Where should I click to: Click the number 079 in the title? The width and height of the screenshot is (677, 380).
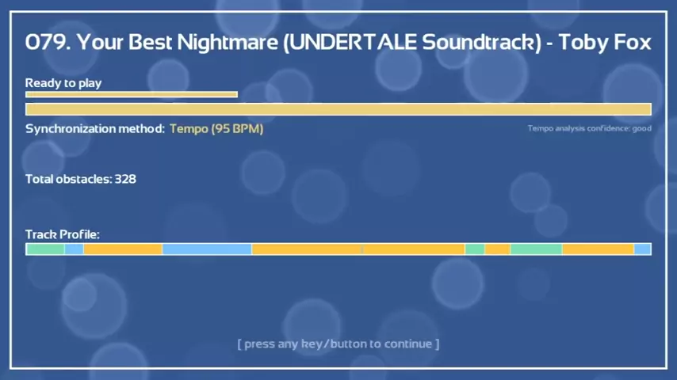coord(48,42)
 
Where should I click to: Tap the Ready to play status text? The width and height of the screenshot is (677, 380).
coord(63,83)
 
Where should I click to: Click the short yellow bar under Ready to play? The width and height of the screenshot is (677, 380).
coord(132,94)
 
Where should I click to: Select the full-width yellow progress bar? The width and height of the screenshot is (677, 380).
coord(338,109)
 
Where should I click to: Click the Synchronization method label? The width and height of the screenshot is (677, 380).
coord(95,129)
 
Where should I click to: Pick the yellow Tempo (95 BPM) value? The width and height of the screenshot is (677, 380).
coord(216,129)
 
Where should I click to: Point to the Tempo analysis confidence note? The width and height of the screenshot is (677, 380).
coord(589,128)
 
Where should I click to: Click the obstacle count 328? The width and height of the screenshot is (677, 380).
coord(125,179)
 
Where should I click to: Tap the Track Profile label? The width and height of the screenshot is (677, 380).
coord(63,234)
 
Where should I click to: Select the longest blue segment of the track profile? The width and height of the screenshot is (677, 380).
coord(207,249)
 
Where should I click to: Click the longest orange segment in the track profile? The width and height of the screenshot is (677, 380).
coord(307,249)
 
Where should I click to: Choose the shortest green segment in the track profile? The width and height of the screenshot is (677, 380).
coord(475,249)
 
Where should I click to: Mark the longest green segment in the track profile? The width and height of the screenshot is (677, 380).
coord(536,249)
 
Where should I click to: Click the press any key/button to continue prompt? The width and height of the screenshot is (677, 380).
coord(338,344)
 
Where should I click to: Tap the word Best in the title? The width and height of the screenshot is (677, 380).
coord(151,42)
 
